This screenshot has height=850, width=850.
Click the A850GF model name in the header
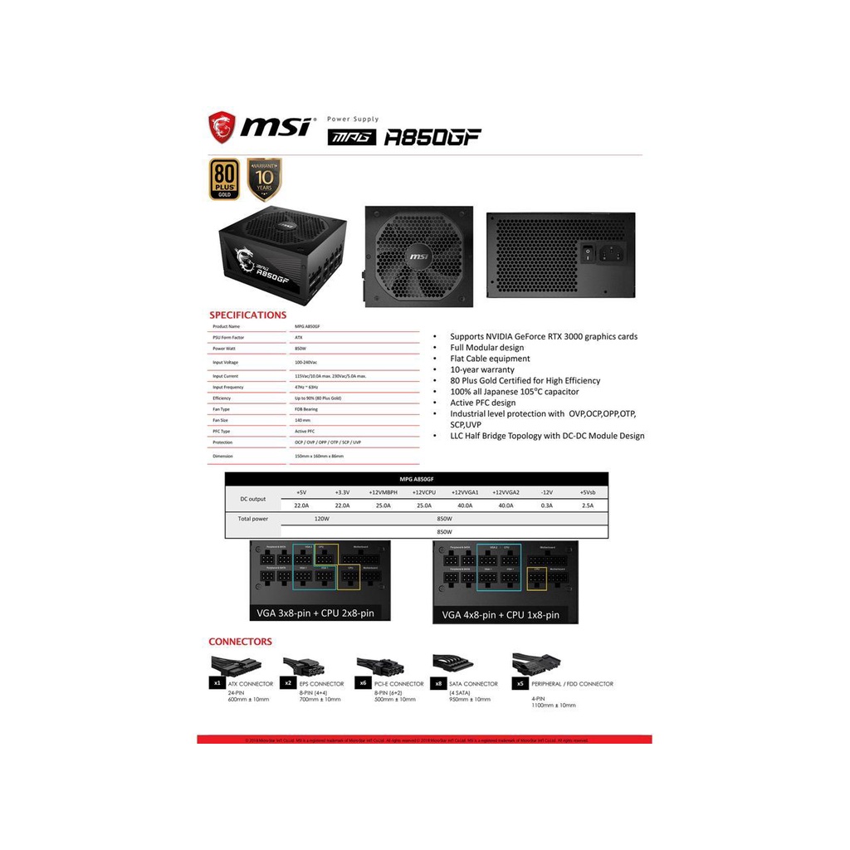point(432,137)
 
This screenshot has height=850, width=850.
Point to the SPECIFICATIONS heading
point(247,315)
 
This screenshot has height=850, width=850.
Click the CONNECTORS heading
point(240,642)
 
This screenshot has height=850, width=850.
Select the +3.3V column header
point(342,492)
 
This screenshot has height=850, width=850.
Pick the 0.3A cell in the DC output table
point(546,505)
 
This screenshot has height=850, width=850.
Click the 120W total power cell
point(322,518)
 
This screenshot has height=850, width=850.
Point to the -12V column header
point(546,492)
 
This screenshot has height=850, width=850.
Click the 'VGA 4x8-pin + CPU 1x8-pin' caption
point(501,615)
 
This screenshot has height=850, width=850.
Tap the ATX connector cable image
point(236,664)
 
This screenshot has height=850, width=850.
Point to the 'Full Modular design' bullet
point(487,348)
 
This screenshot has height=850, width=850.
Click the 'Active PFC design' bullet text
point(482,403)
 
